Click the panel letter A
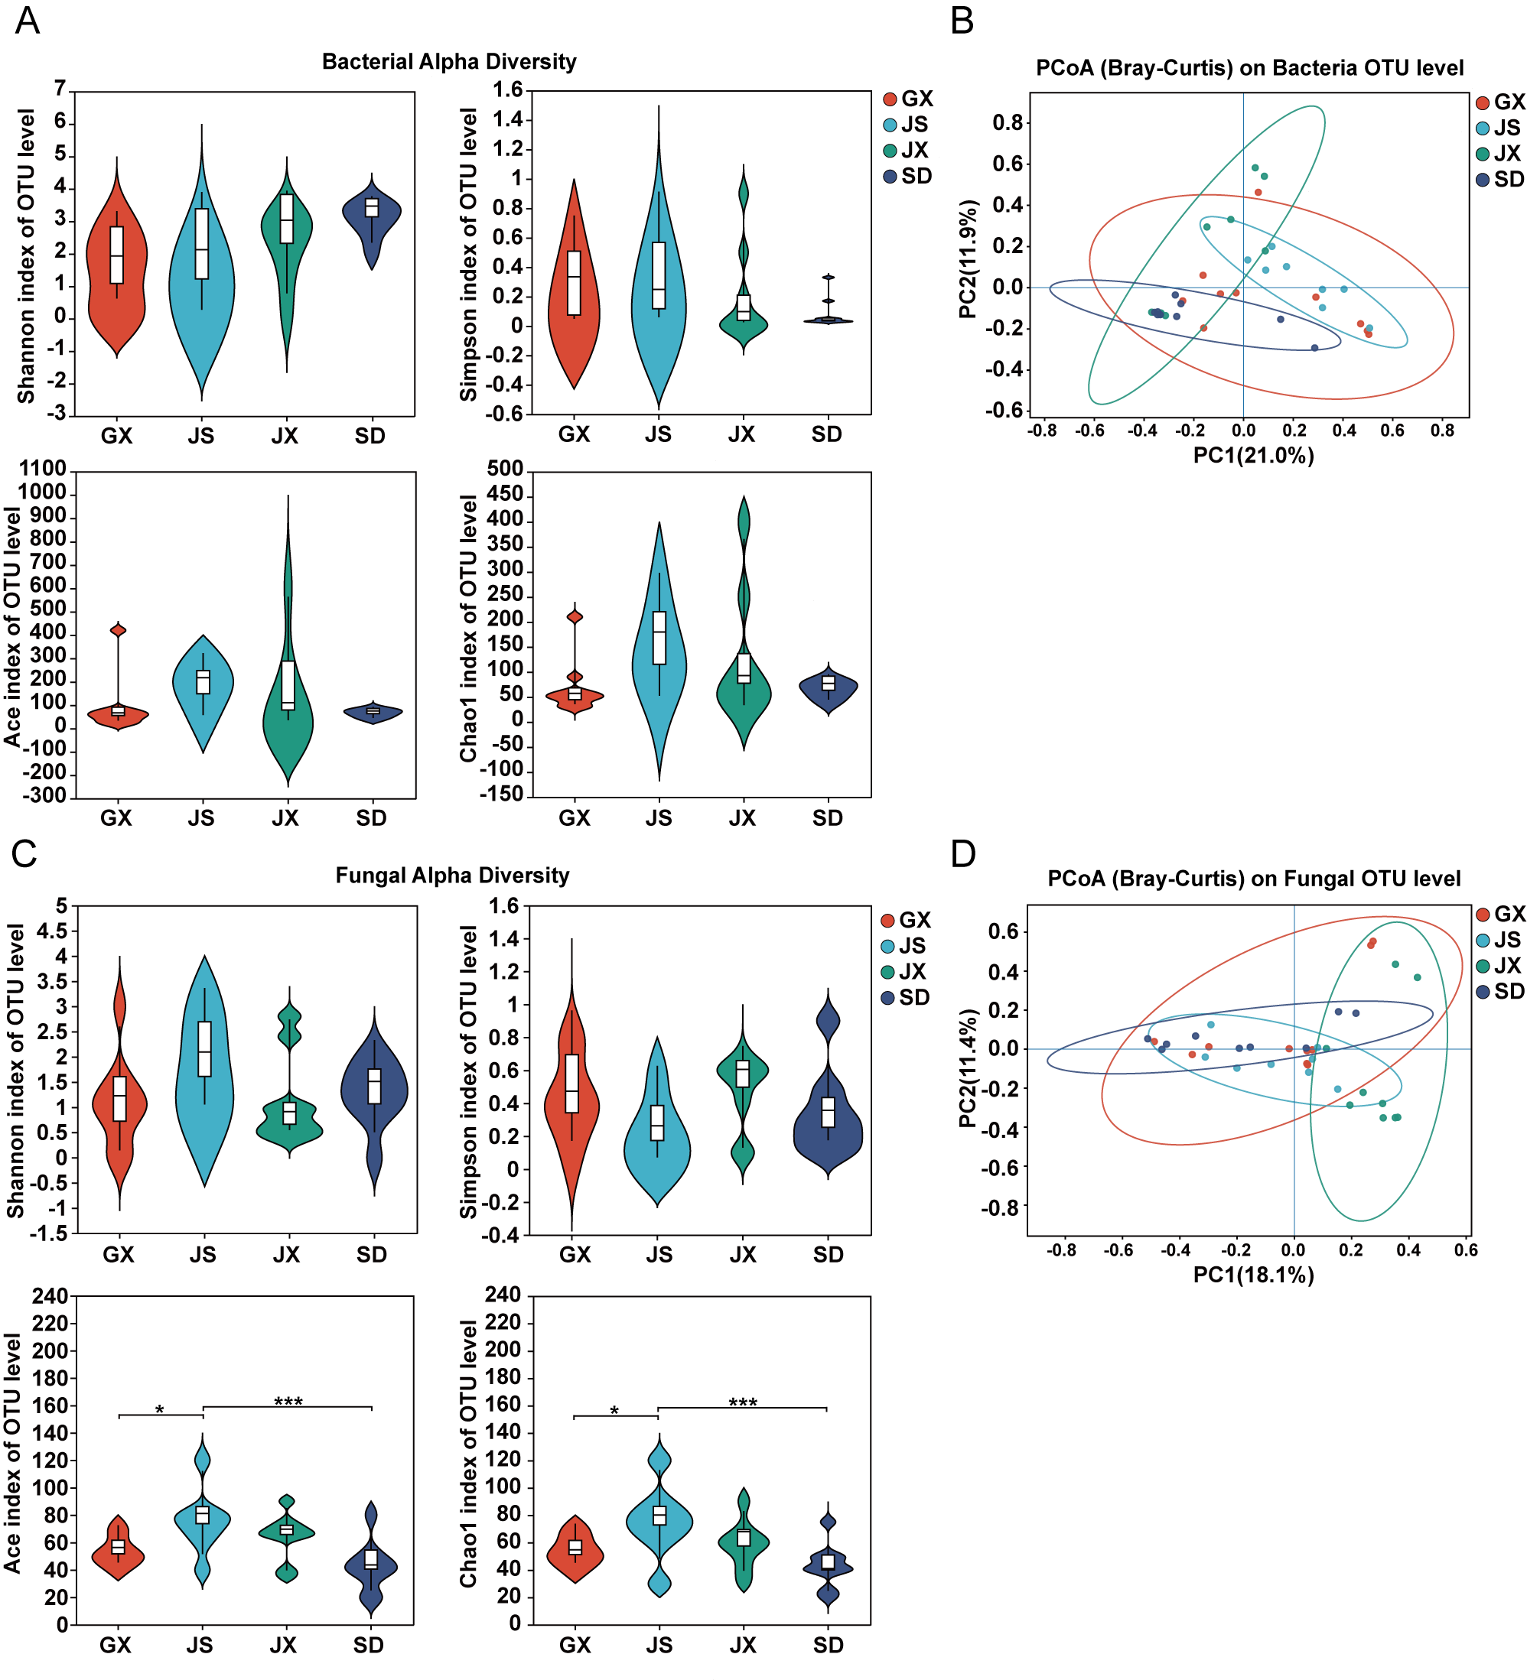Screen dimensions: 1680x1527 [27, 20]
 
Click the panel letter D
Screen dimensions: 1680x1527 [962, 855]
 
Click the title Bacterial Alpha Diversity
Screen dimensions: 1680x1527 [448, 62]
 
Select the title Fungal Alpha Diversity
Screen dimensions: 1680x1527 [452, 876]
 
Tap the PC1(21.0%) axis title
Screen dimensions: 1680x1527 [1253, 455]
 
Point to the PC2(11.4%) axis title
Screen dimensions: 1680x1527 [967, 1068]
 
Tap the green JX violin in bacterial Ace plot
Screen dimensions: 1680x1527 [288, 717]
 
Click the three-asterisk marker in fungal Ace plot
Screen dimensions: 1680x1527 [288, 1402]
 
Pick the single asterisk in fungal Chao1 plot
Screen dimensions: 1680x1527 [614, 1412]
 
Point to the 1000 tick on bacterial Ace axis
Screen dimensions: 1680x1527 [41, 492]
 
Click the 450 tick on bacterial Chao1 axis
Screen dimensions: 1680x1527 [504, 494]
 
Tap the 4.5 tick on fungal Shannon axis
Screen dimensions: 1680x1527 [50, 931]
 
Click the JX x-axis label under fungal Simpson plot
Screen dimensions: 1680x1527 [742, 1255]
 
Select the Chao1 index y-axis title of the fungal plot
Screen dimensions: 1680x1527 [468, 1454]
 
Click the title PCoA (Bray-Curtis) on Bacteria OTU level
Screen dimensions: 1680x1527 [1249, 68]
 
